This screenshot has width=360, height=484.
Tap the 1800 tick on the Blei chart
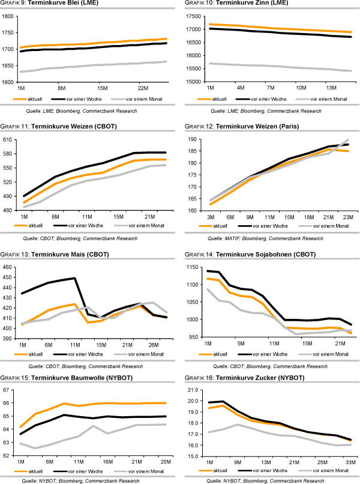coord(10,16)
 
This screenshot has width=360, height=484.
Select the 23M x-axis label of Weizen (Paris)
coord(346,216)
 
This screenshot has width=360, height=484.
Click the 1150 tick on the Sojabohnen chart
coord(194,267)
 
